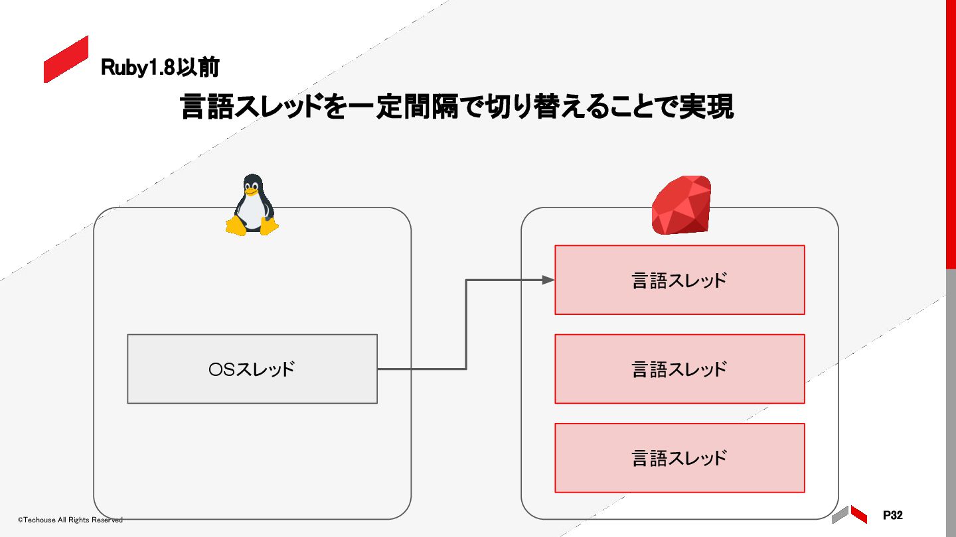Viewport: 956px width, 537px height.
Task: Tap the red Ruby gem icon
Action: (681, 205)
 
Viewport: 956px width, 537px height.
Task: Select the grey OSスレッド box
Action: (252, 369)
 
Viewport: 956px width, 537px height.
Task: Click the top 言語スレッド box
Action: (679, 280)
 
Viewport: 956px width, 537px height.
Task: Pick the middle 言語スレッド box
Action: (679, 369)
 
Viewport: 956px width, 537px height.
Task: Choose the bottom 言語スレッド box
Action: (679, 457)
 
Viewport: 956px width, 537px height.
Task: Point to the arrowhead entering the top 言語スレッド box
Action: (548, 280)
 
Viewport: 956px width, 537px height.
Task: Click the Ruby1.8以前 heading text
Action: (160, 68)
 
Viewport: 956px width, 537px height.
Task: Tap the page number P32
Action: (893, 515)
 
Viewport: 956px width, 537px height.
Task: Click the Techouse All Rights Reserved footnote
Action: (70, 520)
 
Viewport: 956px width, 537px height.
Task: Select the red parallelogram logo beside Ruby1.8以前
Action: (66, 60)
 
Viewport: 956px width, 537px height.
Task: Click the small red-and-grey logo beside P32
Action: (850, 514)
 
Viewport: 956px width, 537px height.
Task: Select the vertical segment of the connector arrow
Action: (466, 324)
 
